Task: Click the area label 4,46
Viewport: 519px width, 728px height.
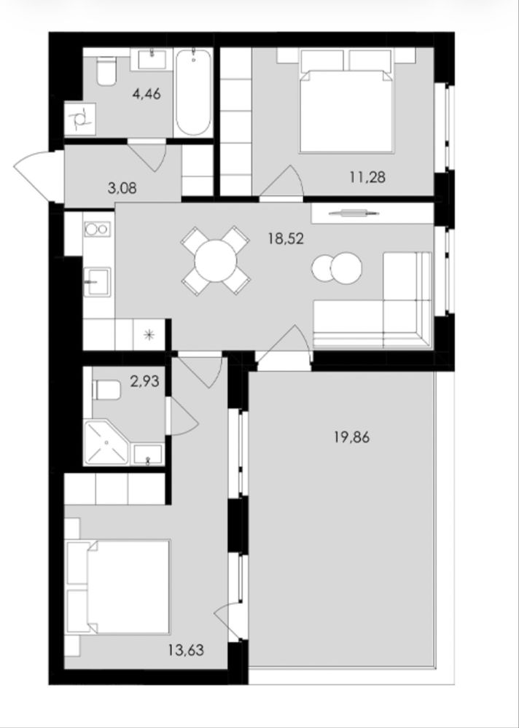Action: [x=147, y=94]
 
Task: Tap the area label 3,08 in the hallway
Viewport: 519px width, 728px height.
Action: [x=122, y=189]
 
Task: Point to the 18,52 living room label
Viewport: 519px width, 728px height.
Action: [x=286, y=238]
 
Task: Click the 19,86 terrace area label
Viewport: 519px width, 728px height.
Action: [x=352, y=437]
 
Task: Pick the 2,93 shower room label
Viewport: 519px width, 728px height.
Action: [x=144, y=382]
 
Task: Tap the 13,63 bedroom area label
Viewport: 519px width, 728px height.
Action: [x=186, y=650]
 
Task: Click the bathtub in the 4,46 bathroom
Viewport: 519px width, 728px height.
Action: [x=194, y=92]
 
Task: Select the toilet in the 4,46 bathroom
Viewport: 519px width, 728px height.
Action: [x=106, y=71]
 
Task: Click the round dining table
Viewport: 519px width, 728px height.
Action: [x=216, y=260]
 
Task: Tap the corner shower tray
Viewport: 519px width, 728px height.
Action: [x=106, y=442]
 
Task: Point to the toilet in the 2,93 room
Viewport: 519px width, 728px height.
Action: [x=106, y=390]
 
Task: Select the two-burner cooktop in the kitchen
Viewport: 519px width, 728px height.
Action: [x=96, y=229]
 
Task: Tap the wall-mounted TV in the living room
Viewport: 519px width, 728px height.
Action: [x=354, y=214]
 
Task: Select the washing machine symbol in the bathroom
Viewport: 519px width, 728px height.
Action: [x=80, y=119]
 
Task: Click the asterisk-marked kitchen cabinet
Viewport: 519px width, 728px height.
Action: [x=149, y=334]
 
